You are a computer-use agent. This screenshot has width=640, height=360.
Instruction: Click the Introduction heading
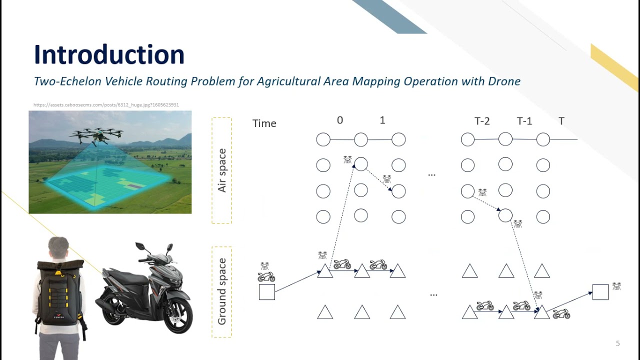point(109,54)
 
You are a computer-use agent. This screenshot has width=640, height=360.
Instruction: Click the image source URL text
point(106,105)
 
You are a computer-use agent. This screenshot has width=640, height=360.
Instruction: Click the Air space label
point(222,170)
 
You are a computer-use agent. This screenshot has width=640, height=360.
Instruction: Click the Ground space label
point(222,291)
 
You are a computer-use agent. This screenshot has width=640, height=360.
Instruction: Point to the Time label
point(264,123)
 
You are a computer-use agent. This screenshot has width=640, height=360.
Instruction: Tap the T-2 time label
point(482,121)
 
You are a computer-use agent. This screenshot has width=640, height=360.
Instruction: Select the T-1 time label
point(524,121)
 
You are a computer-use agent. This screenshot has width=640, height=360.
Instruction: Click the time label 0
point(340,120)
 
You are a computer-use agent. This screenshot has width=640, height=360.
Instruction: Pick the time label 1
point(382,120)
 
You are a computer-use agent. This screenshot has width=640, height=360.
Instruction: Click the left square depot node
point(267,292)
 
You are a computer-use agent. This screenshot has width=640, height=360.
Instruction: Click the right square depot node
point(600,291)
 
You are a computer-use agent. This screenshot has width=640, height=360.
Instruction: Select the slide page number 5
point(617,343)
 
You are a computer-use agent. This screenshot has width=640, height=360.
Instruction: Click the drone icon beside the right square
point(616,286)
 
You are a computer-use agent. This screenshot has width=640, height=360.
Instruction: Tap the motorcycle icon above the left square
point(266,276)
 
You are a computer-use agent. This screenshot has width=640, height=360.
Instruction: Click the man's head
point(58,248)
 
